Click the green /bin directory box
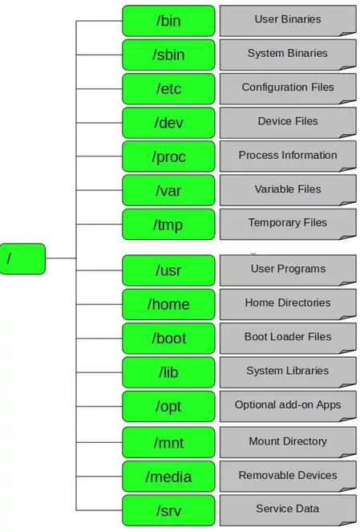[x=168, y=21]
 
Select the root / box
[x=22, y=258]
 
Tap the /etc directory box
[x=168, y=88]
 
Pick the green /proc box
[x=168, y=156]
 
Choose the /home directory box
[x=168, y=304]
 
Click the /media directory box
[x=168, y=477]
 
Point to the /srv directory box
[x=168, y=510]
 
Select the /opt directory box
[x=168, y=406]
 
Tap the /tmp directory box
[x=168, y=224]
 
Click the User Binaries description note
[x=288, y=21]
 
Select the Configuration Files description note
[x=288, y=88]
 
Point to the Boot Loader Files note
[x=288, y=339]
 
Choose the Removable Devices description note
[x=288, y=477]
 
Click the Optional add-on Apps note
[x=288, y=406]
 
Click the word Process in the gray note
[x=259, y=155]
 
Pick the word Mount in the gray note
[x=264, y=441]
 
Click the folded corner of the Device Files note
[x=348, y=136]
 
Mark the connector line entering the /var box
[x=99, y=190]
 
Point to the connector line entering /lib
[x=99, y=372]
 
